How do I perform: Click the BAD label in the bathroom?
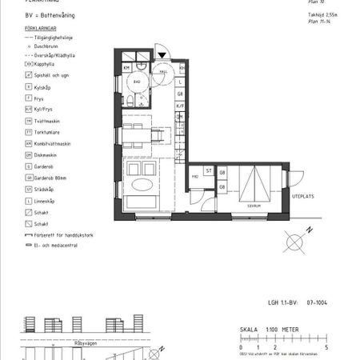click(x=138, y=81)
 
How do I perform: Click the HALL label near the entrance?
click(x=163, y=70)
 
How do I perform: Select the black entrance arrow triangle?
click(x=163, y=54)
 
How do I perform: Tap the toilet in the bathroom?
click(x=130, y=100)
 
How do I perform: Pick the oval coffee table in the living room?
click(x=145, y=186)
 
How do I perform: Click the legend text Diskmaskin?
click(x=47, y=154)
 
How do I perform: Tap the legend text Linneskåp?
click(x=46, y=202)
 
